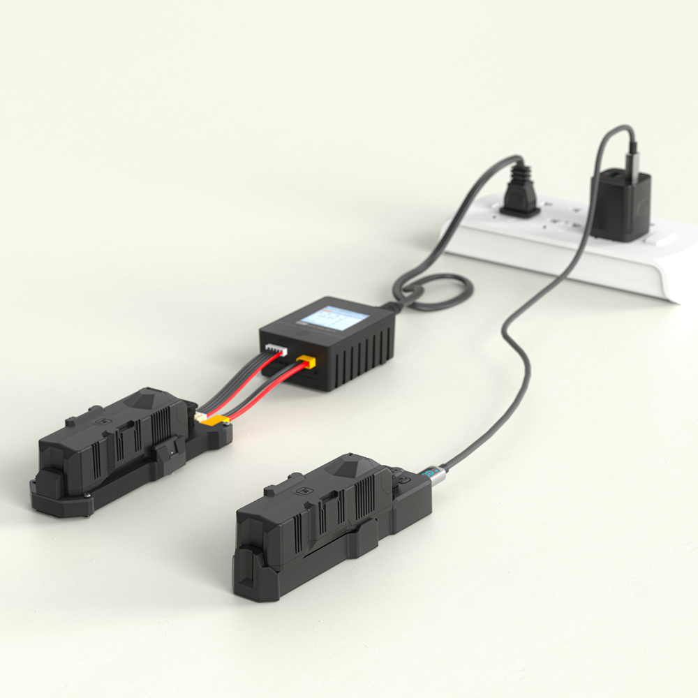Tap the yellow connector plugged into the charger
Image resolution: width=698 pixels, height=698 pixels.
306,362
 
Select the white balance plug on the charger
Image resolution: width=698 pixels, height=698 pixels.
275,347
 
